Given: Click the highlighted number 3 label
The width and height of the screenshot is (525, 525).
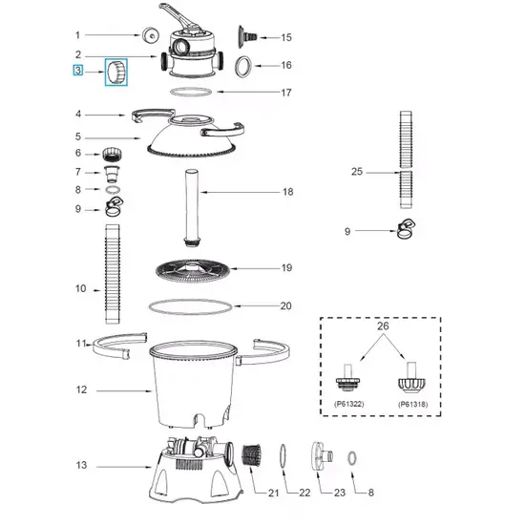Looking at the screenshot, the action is click(x=78, y=71).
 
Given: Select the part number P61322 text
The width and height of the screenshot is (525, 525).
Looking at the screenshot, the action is click(x=348, y=404).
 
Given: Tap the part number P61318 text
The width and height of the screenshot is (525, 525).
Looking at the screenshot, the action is click(x=412, y=404).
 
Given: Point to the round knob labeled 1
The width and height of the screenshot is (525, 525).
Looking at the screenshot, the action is click(x=150, y=35).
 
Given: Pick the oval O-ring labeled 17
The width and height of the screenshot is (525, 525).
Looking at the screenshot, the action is click(x=191, y=92).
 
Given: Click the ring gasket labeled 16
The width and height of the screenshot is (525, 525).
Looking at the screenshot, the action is click(x=242, y=66).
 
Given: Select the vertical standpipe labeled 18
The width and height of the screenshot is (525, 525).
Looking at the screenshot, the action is click(x=192, y=207).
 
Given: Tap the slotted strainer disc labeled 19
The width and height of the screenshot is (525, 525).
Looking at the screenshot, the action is click(x=193, y=270).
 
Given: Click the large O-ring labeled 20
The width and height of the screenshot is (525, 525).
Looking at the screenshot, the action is click(x=191, y=306).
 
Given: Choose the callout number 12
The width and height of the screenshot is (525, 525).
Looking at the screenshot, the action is click(x=81, y=389).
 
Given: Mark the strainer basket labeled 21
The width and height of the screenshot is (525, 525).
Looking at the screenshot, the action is click(x=251, y=457).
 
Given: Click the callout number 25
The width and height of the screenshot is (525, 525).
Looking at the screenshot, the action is click(x=357, y=172).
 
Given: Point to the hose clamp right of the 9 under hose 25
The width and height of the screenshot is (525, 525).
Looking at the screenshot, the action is click(x=406, y=229).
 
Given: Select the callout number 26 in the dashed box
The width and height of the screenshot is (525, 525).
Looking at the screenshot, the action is click(x=383, y=325).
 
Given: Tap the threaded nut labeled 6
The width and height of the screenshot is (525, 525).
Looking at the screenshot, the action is click(x=112, y=155).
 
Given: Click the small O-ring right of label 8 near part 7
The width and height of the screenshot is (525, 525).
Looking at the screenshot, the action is click(x=113, y=190).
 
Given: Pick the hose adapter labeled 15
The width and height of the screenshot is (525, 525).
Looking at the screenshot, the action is click(x=247, y=36).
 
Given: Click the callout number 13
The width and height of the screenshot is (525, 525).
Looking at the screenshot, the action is click(x=81, y=465).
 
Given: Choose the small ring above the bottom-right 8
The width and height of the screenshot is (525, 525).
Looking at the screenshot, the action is click(x=352, y=458).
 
